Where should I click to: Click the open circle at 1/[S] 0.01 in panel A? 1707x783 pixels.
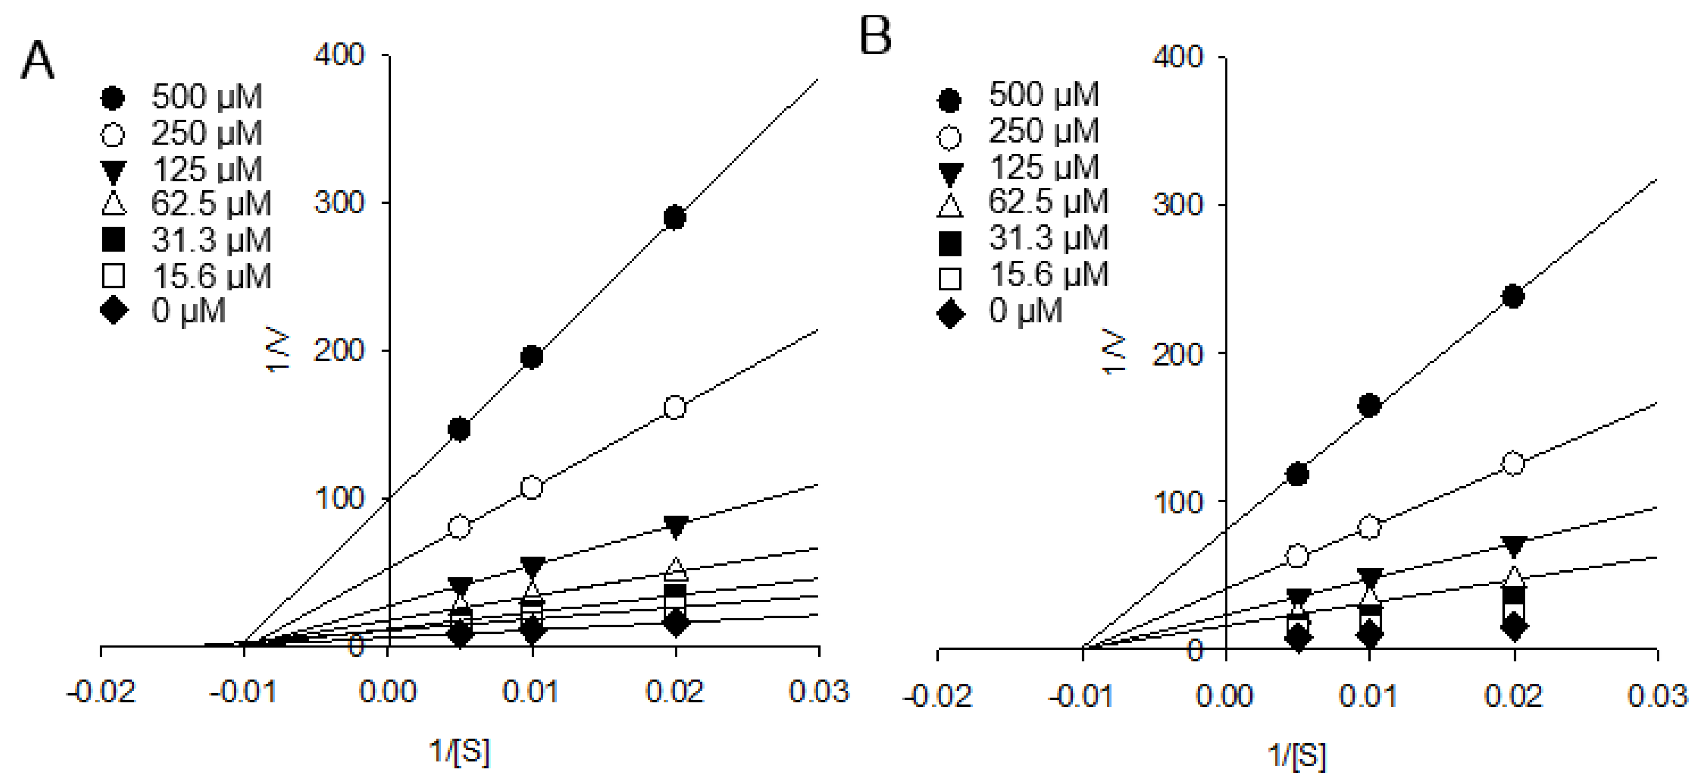[x=531, y=487]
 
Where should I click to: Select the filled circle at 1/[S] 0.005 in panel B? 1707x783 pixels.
[x=1297, y=474]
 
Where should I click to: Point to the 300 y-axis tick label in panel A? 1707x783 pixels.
[x=339, y=202]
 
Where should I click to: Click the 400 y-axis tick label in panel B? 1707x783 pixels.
[x=1177, y=57]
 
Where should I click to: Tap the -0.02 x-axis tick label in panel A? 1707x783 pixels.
[x=101, y=692]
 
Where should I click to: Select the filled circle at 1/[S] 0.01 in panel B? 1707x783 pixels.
[x=1369, y=405]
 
